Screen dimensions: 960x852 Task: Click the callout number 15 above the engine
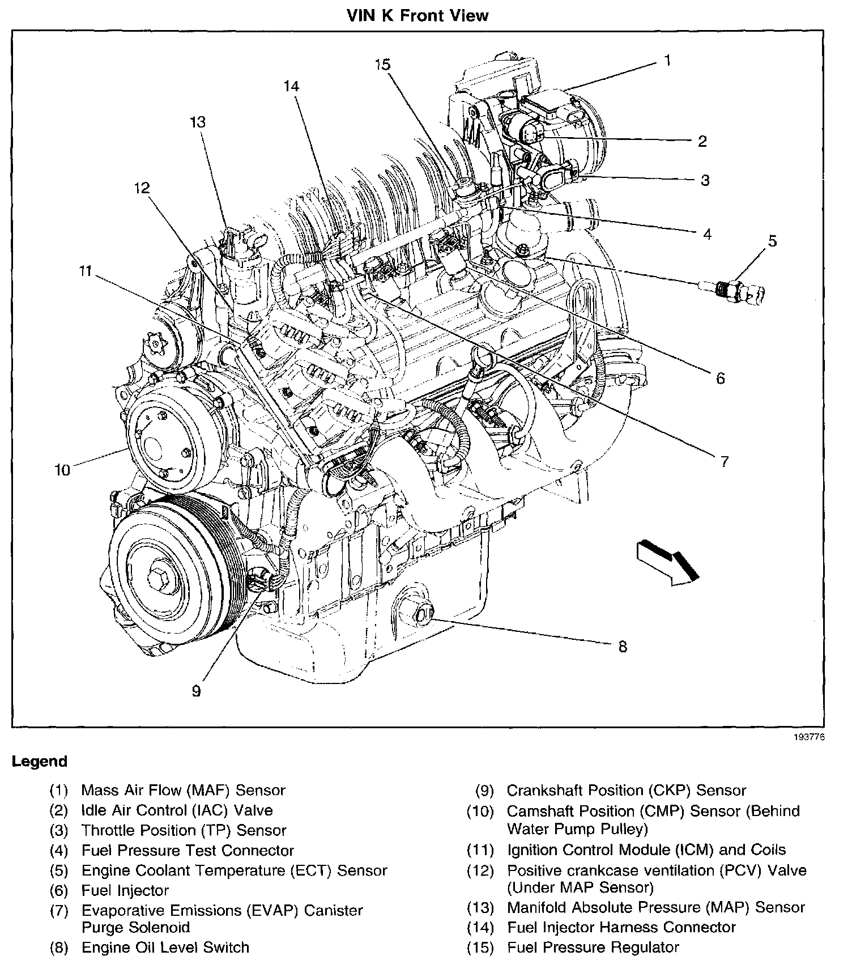[x=382, y=65]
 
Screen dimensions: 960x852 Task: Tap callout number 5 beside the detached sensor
[x=772, y=241]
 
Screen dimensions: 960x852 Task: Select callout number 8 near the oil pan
[x=623, y=646]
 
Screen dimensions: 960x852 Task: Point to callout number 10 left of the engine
[x=62, y=470]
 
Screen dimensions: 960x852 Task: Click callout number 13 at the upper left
[x=198, y=122]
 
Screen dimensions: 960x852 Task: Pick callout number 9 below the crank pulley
[x=196, y=691]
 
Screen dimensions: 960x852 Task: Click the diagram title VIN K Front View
[x=418, y=15]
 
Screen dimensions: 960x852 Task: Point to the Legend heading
[x=40, y=762]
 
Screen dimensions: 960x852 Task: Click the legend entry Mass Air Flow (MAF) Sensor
[x=183, y=791]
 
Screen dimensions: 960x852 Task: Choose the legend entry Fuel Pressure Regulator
[x=593, y=947]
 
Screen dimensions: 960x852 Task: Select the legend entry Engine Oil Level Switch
[x=165, y=947]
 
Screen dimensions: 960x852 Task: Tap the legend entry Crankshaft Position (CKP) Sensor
[x=626, y=791]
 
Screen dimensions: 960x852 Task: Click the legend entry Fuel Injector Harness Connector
[x=621, y=927]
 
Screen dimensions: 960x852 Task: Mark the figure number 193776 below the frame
[x=810, y=737]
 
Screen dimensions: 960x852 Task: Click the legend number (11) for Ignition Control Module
[x=480, y=850]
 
